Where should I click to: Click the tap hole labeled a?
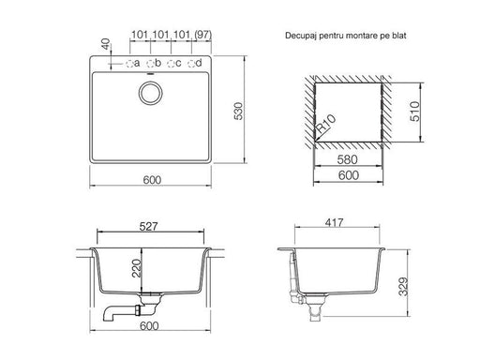pos(129,64)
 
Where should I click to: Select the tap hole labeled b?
pos(150,64)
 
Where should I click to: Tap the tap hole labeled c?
pos(172,64)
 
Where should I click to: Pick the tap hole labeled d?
pos(191,64)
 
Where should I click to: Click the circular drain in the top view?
pos(150,93)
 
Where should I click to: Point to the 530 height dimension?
pos(238,111)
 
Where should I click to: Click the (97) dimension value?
pos(202,35)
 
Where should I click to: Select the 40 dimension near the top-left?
pos(106,44)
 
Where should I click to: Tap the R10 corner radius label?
pos(326,124)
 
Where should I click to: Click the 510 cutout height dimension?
pos(415,111)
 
